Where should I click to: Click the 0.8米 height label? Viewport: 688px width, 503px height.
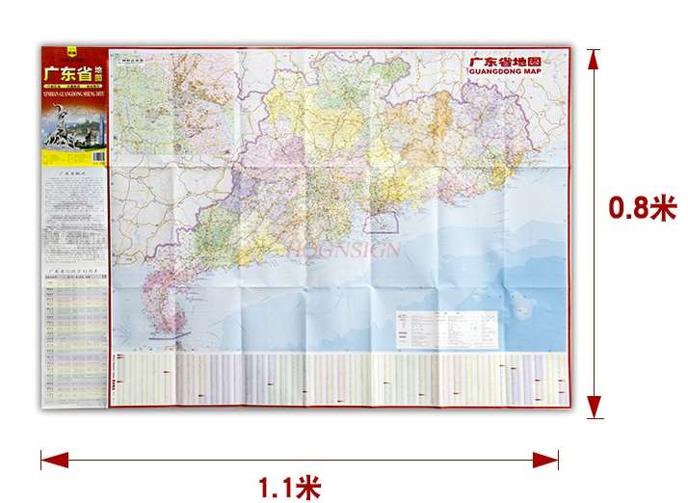click(x=643, y=209)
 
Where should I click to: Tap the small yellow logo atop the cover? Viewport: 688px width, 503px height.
click(x=69, y=52)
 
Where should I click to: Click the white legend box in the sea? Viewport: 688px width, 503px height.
click(x=448, y=330)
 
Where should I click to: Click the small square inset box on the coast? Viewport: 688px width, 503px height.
click(x=385, y=224)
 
